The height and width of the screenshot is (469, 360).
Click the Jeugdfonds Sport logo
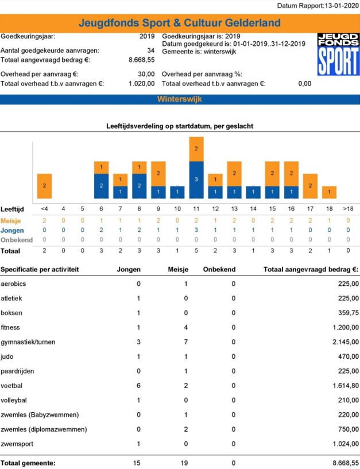click(x=338, y=54)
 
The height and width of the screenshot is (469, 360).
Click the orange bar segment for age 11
click(x=196, y=149)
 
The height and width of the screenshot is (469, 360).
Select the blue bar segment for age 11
click(x=196, y=180)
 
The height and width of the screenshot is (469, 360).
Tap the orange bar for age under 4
click(x=45, y=186)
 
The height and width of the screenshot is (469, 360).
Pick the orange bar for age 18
click(x=329, y=192)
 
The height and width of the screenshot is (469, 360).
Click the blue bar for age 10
click(x=177, y=192)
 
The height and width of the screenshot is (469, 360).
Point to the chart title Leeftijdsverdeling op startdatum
click(x=180, y=125)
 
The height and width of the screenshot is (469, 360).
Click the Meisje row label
click(x=11, y=220)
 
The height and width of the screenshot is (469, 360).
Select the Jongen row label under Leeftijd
click(x=12, y=230)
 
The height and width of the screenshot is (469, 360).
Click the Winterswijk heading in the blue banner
click(x=179, y=99)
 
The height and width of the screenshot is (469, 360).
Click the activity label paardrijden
click(x=18, y=371)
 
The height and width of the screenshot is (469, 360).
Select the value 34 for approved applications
click(x=150, y=51)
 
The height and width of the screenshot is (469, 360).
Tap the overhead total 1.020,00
click(x=142, y=83)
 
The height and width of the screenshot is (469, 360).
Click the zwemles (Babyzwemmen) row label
click(x=39, y=414)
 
